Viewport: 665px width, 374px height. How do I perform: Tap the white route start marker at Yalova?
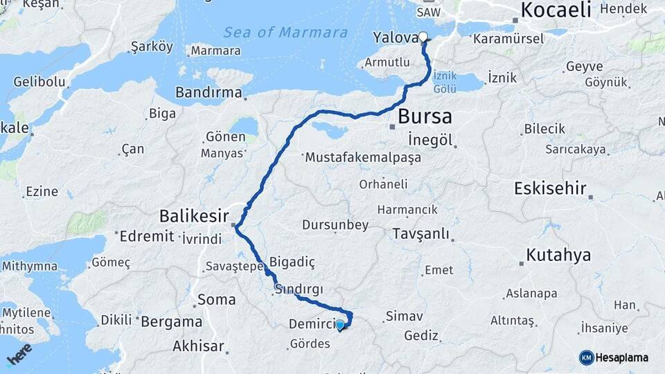coord(423,37)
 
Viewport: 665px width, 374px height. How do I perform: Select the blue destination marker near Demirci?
coord(340,324)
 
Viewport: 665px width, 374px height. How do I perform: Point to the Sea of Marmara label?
coord(285,33)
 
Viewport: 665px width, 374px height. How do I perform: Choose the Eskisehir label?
coord(551,188)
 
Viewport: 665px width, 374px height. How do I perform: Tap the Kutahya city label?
coord(558,255)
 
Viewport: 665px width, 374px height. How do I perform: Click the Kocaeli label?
coord(556,10)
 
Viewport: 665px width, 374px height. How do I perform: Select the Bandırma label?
coord(209,92)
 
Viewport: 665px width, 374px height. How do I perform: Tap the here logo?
coord(19,355)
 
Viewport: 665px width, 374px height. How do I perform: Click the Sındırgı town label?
coord(299,289)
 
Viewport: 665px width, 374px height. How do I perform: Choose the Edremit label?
coord(146,237)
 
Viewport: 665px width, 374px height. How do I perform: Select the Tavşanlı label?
coord(420,233)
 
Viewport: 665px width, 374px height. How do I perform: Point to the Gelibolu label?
coord(39,82)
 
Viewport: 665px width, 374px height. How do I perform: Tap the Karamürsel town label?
coord(508,39)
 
